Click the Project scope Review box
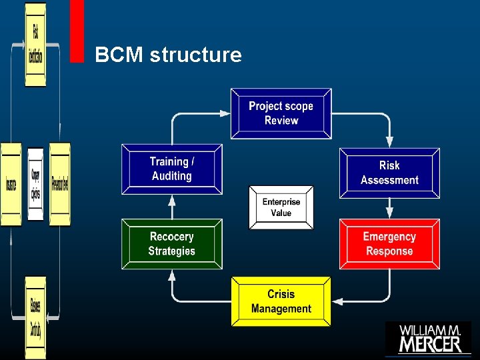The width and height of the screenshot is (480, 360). [281, 113]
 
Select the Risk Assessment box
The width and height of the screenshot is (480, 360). [389, 173]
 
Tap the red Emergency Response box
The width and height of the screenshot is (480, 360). [389, 244]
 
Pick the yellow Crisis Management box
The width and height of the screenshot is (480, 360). [281, 301]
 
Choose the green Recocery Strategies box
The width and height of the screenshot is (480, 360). [172, 244]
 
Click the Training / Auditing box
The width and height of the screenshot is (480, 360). [172, 169]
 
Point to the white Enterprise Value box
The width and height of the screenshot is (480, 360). [281, 207]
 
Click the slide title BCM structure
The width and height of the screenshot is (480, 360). [168, 55]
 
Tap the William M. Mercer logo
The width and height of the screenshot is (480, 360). [429, 337]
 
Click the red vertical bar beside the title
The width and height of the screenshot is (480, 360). [77, 31]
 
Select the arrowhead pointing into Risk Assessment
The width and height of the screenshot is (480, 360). [389, 142]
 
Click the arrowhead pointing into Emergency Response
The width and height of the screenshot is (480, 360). [389, 213]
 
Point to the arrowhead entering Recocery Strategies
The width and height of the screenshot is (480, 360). [172, 275]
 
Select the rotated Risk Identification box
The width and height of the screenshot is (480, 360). [35, 45]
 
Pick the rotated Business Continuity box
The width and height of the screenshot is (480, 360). [35, 317]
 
